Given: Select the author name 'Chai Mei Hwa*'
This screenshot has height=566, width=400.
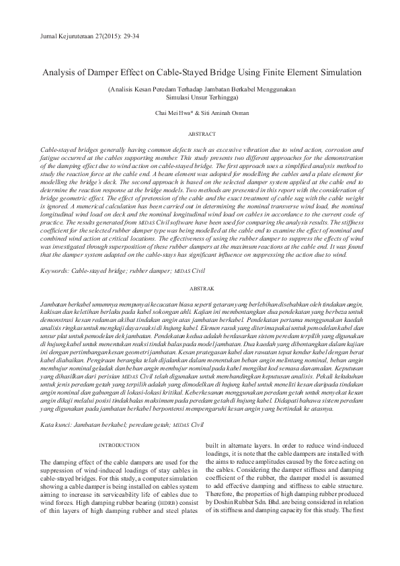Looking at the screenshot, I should (x=174, y=113).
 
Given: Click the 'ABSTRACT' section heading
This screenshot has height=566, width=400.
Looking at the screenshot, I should (x=200, y=134).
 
